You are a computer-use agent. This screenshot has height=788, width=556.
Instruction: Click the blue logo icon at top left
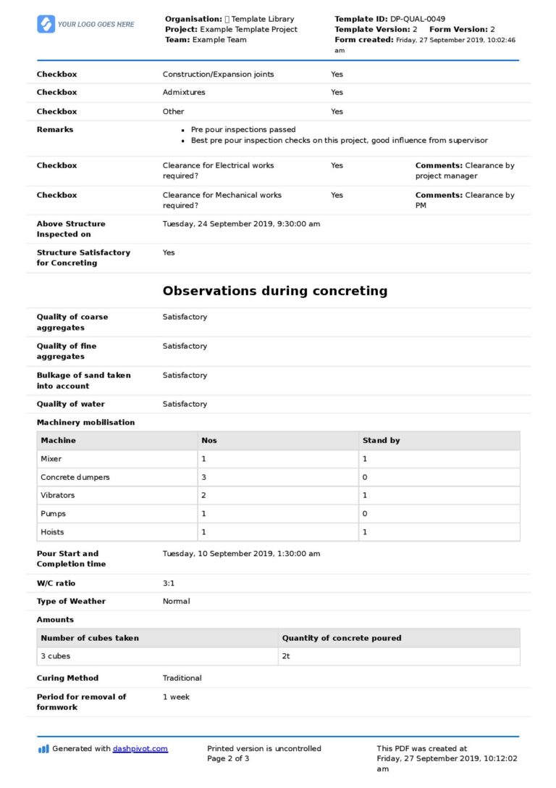(x=46, y=24)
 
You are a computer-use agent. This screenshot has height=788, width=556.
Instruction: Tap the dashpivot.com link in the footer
(x=140, y=749)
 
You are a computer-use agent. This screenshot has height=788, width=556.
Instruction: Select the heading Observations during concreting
(x=274, y=291)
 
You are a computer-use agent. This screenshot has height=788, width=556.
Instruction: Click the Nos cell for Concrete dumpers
(x=203, y=477)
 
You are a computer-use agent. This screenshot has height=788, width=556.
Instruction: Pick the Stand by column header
(x=381, y=440)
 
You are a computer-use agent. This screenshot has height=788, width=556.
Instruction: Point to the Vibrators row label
(x=57, y=495)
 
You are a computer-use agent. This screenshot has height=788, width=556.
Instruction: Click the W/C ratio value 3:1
(x=169, y=583)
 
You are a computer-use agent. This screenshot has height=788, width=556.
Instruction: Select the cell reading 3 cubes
(x=55, y=656)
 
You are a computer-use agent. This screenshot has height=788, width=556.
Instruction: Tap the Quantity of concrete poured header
(x=341, y=638)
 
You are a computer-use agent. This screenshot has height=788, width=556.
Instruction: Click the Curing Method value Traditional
(x=182, y=678)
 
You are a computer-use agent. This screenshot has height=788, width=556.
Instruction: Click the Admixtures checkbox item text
(x=184, y=92)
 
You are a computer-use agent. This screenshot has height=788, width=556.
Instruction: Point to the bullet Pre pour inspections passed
(x=243, y=130)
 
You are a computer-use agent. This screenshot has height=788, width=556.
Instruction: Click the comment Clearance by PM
(x=465, y=199)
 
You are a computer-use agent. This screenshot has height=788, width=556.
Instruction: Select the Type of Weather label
(x=71, y=601)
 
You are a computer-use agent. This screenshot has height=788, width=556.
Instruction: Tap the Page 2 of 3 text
(x=228, y=758)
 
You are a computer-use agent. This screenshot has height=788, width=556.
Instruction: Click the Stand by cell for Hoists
(x=365, y=532)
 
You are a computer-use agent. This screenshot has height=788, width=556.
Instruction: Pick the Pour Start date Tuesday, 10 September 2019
(x=241, y=553)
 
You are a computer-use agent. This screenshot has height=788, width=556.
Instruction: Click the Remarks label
(x=55, y=129)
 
